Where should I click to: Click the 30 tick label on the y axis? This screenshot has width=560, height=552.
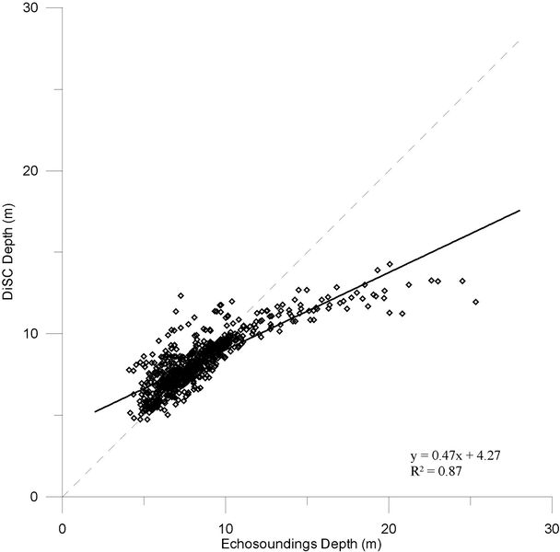pyautogui.click(x=42, y=8)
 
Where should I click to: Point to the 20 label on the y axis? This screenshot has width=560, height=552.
pyautogui.click(x=42, y=171)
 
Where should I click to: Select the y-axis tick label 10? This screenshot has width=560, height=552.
pyautogui.click(x=42, y=333)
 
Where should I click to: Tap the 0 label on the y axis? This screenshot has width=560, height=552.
pyautogui.click(x=46, y=497)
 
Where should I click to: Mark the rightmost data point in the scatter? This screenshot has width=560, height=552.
pyautogui.click(x=475, y=302)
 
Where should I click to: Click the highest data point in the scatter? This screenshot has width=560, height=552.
pyautogui.click(x=390, y=264)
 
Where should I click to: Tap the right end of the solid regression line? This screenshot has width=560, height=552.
pyautogui.click(x=519, y=211)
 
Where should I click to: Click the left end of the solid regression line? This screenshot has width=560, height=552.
pyautogui.click(x=95, y=411)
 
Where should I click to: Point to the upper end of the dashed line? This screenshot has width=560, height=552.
pyautogui.click(x=519, y=40)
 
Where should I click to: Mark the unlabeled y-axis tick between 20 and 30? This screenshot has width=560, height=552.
pyautogui.click(x=58, y=89)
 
